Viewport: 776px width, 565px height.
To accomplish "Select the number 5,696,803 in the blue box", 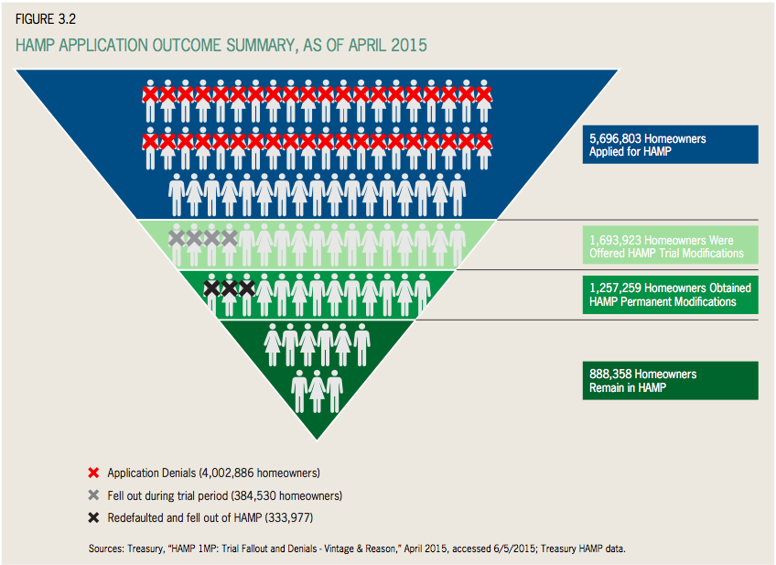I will [x=616, y=138].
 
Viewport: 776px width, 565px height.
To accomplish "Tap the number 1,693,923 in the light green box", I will [x=616, y=241].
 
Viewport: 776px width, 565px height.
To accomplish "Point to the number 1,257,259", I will [x=616, y=288].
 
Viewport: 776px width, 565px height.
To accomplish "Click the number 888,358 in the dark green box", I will [x=609, y=374].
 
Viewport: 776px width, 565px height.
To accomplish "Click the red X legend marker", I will [x=92, y=473].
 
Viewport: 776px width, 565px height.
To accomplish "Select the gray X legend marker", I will [x=92, y=495].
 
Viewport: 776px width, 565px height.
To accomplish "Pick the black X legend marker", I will [x=92, y=517].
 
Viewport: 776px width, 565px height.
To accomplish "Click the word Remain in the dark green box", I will [x=607, y=387].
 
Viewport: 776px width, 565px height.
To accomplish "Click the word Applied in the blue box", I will [x=607, y=152].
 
